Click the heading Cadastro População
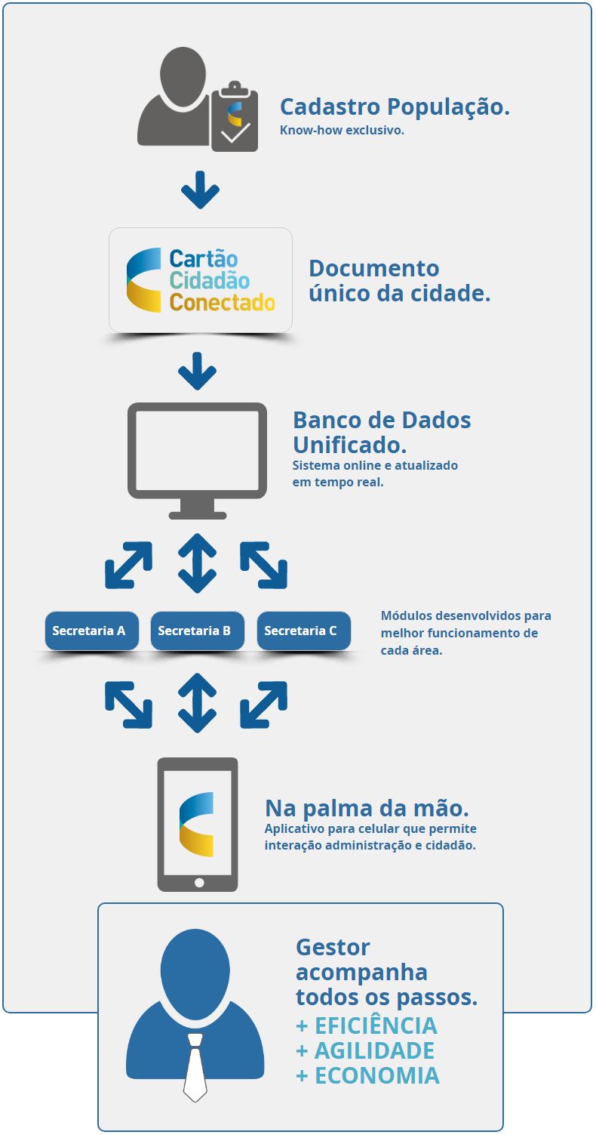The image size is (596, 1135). [x=395, y=107]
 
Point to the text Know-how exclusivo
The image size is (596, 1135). [x=342, y=130]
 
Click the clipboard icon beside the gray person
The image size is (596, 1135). [x=235, y=116]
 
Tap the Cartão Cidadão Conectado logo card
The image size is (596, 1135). [x=201, y=279]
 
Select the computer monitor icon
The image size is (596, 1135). [x=198, y=461]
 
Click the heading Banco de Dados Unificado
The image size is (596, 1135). [x=382, y=432]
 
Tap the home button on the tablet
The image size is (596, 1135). [x=199, y=883]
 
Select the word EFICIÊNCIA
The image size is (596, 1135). [x=376, y=1026]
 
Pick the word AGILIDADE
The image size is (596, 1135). [x=374, y=1050]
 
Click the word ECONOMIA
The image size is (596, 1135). [x=377, y=1075]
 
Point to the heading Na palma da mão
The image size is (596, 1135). [x=367, y=809]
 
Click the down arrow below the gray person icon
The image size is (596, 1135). [x=200, y=190]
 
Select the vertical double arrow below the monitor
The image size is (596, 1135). [x=198, y=563]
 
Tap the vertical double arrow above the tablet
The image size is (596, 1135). [x=198, y=703]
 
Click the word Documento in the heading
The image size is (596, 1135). [x=374, y=269]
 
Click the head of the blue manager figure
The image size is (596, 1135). [x=195, y=969]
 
